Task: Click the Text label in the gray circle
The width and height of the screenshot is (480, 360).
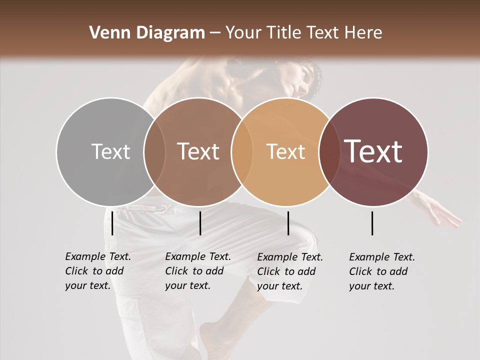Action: point(110,151)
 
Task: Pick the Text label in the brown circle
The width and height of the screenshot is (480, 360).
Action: point(198,151)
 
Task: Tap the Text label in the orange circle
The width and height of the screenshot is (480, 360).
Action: point(285,151)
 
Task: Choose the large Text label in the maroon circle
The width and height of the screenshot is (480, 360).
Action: point(373,151)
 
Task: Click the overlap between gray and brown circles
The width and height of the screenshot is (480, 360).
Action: point(154,151)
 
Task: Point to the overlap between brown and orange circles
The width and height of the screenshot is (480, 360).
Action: point(242,151)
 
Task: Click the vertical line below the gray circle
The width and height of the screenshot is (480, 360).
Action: point(112,223)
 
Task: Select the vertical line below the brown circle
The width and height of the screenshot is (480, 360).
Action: point(200,223)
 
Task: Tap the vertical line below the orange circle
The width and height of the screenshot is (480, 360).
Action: point(288,223)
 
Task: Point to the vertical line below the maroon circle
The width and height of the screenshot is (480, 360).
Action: point(372,223)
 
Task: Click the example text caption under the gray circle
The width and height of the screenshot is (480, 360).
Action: point(97,271)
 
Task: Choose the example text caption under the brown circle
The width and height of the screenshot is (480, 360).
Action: point(197,271)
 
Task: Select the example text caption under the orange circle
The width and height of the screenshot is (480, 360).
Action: point(289,271)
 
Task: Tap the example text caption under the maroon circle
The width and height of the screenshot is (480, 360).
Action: point(381,271)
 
